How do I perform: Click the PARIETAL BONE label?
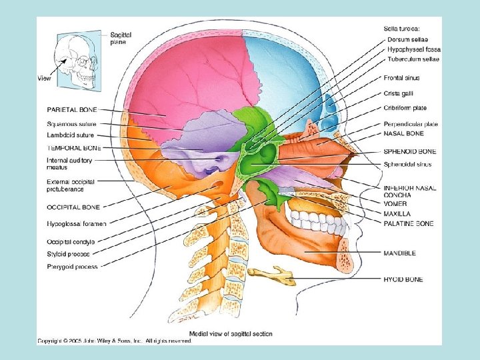[72, 109]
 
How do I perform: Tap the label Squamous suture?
[71, 124]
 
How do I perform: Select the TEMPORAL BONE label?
[73, 147]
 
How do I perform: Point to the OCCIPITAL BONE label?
[73, 207]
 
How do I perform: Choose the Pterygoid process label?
[72, 267]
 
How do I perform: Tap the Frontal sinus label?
[401, 78]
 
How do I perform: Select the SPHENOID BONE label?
[409, 151]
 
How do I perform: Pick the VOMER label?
[395, 204]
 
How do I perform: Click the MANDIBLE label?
[400, 253]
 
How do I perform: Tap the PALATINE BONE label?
[408, 223]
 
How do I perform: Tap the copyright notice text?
[114, 341]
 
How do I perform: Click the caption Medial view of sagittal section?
[231, 334]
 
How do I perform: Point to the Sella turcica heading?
[403, 28]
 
